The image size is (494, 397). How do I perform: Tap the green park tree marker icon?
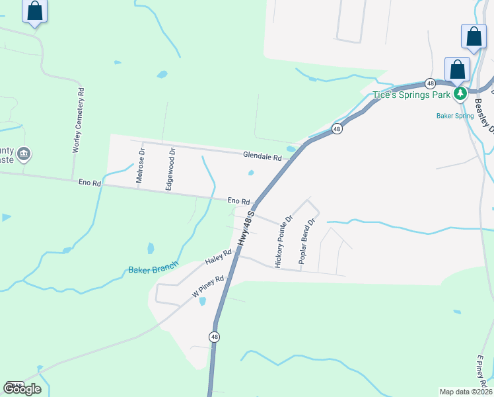click(x=460, y=94)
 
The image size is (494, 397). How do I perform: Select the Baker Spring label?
click(x=455, y=116)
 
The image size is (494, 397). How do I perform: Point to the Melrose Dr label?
click(x=140, y=165)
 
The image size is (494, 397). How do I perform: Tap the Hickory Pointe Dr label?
click(x=283, y=241)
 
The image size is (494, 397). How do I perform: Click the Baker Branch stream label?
click(x=153, y=270)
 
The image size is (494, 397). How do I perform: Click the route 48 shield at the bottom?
click(x=214, y=337)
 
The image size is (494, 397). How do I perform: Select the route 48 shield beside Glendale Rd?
click(x=337, y=129)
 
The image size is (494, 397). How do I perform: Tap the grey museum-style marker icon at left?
click(x=24, y=154)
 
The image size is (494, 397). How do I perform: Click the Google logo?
click(x=22, y=388)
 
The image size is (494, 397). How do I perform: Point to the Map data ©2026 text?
click(x=466, y=392)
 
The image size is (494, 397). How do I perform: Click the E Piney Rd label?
click(x=481, y=371)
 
